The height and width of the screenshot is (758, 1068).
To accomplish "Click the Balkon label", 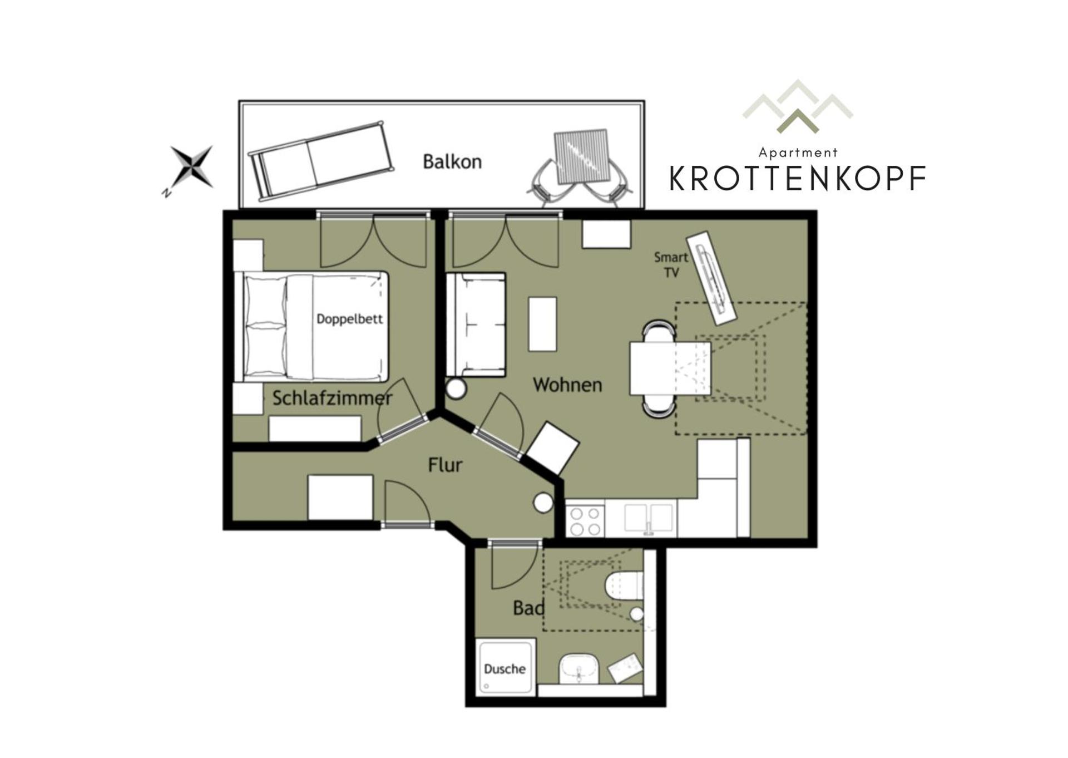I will (452, 162).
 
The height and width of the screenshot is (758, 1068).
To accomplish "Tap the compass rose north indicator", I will (191, 166).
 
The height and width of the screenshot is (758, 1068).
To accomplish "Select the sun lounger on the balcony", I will (321, 160).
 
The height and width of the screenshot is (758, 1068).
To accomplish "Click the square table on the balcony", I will (581, 157).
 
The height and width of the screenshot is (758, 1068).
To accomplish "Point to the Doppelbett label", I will (349, 319).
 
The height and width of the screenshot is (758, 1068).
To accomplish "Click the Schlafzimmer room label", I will (332, 398).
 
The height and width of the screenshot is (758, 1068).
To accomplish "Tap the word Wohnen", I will (567, 385).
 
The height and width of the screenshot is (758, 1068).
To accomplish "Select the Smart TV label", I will (671, 264).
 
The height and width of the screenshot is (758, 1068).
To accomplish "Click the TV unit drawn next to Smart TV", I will (711, 278).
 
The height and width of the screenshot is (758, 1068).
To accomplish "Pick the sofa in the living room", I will (476, 324).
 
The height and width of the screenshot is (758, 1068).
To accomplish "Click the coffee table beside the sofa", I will (542, 324).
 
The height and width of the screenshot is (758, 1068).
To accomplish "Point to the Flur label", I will (445, 465).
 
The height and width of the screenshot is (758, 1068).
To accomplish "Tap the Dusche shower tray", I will (505, 667).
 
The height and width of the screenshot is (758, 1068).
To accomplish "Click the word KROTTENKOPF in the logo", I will (797, 179).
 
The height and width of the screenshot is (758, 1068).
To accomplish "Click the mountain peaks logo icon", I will (797, 107).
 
